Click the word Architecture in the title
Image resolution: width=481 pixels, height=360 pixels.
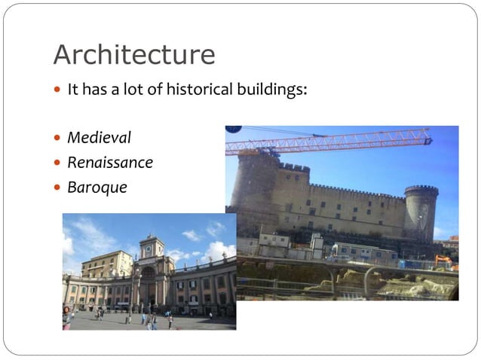pos(133,55)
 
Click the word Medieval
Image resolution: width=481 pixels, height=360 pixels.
pos(99,138)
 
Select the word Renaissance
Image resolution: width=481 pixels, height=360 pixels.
pos(109,162)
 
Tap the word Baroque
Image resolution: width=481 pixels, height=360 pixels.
pos(97,187)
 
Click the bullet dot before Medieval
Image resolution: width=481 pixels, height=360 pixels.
pos(58,139)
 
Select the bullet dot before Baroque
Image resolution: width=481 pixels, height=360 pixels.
pos(58,188)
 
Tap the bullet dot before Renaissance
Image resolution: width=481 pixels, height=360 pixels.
pos(58,163)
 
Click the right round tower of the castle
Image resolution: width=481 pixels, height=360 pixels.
pos(421,213)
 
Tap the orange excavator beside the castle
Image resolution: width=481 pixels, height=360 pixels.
pos(443,261)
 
